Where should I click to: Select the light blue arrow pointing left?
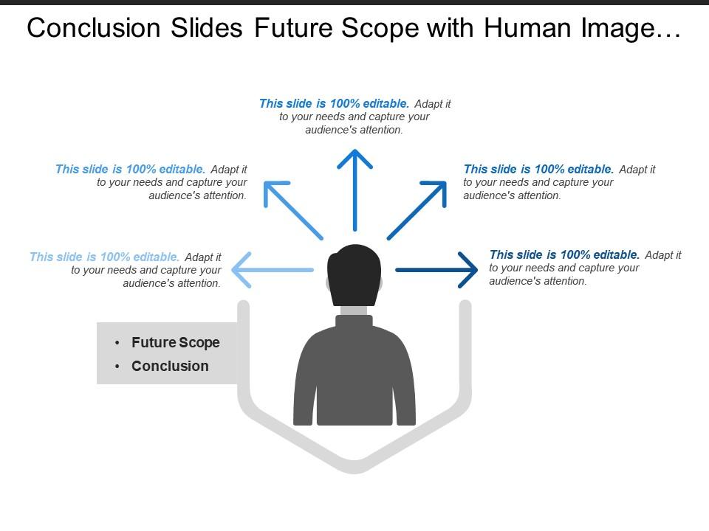click(273, 271)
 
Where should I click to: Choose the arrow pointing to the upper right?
click(417, 209)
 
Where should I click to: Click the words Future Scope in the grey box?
click(176, 342)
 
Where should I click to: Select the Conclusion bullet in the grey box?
click(170, 366)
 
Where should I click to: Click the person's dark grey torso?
click(354, 376)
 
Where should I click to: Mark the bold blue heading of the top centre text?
click(334, 104)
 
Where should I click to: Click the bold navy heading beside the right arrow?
click(564, 255)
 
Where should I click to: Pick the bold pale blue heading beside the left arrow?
click(104, 257)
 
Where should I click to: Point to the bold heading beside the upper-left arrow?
click(130, 169)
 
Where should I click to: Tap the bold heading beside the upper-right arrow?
click(538, 169)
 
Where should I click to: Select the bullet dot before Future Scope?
click(117, 343)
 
